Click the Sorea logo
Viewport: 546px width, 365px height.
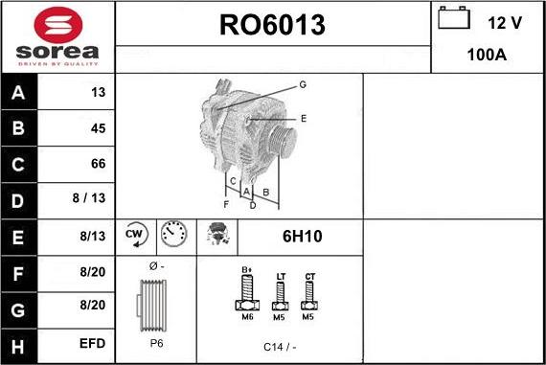[57, 36]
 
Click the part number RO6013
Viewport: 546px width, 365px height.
[272, 24]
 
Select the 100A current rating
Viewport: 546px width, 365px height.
[486, 56]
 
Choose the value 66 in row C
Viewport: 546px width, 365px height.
[97, 164]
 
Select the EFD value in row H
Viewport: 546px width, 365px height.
[92, 341]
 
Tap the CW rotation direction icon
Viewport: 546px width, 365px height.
[134, 235]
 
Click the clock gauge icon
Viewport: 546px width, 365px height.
[173, 235]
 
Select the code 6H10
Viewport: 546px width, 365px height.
[300, 235]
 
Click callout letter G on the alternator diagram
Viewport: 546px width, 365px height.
[302, 84]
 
